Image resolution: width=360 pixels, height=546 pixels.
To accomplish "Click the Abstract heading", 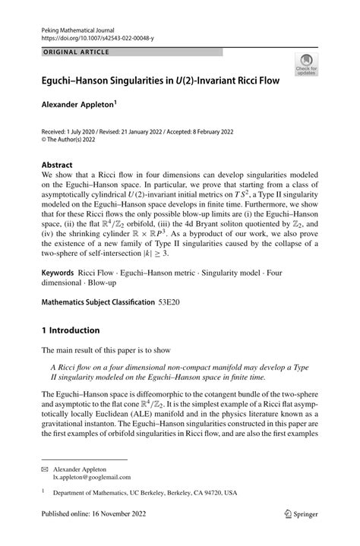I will click(x=57, y=164).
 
